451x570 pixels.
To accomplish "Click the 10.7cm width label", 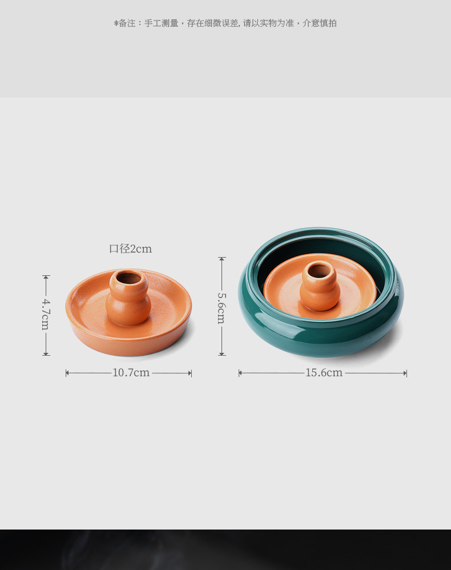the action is point(131,373).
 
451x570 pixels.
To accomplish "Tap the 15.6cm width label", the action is point(324,373).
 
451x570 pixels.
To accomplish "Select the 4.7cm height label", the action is point(46,314).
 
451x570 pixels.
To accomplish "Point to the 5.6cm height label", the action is point(222,308).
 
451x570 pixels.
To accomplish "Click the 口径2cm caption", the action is point(130,249).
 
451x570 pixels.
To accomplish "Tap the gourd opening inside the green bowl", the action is point(319,270).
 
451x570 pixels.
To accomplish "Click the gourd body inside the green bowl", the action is point(320,296).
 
